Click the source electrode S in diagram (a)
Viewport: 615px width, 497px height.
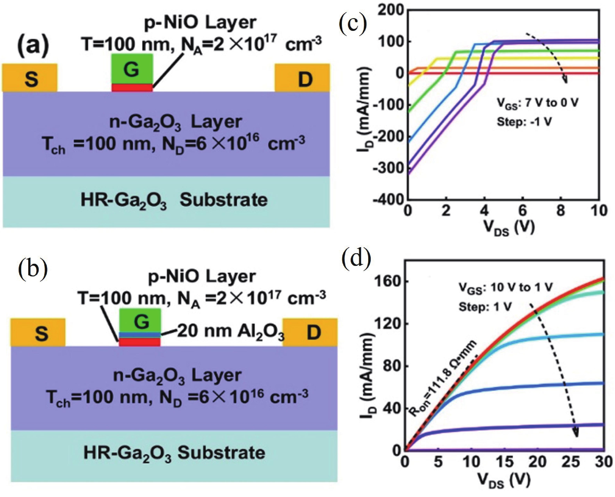tap(30, 78)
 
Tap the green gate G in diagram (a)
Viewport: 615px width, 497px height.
tap(132, 69)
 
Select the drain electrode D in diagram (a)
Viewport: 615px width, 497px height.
tap(302, 78)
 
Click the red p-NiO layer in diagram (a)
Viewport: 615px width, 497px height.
tap(132, 88)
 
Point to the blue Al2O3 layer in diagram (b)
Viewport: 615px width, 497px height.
tap(140, 335)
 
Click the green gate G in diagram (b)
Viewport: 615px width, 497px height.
tap(140, 321)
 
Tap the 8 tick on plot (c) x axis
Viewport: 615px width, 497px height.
tap(561, 211)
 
